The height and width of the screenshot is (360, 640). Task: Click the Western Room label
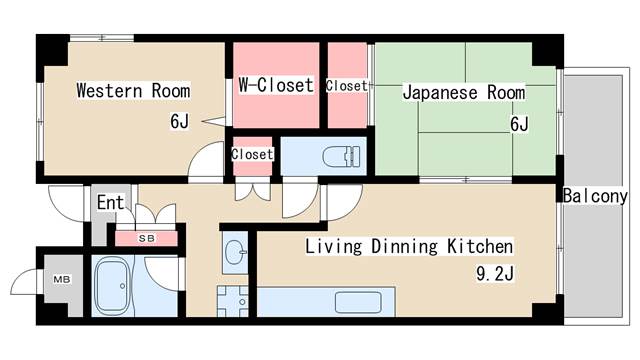pyautogui.click(x=134, y=90)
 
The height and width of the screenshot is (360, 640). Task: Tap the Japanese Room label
pyautogui.click(x=463, y=93)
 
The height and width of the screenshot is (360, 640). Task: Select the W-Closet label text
pyautogui.click(x=276, y=85)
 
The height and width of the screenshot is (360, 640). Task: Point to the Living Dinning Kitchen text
pyautogui.click(x=409, y=246)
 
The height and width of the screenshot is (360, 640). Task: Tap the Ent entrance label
pyautogui.click(x=110, y=203)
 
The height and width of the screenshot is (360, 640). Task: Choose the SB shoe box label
pyautogui.click(x=146, y=238)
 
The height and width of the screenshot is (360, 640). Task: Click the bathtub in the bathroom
pyautogui.click(x=115, y=288)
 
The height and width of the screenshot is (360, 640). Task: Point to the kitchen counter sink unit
pyautogui.click(x=364, y=302)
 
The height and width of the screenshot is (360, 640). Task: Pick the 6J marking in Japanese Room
pyautogui.click(x=519, y=124)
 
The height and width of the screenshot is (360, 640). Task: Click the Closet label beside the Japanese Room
pyautogui.click(x=347, y=86)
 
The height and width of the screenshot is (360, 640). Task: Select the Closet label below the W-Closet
pyautogui.click(x=252, y=154)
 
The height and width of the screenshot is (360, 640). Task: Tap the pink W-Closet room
pyautogui.click(x=276, y=105)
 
